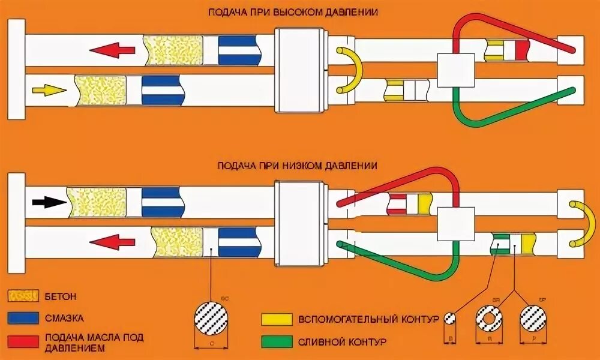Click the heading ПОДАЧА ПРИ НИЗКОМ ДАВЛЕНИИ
[x=298, y=165]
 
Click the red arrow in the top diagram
[x=115, y=50]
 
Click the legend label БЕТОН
[x=60, y=296]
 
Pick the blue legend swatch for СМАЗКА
[x=23, y=317]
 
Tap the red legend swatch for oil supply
[x=23, y=338]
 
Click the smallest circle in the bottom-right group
[x=449, y=318]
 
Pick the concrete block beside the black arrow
[x=96, y=202]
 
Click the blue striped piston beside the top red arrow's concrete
[x=239, y=50]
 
